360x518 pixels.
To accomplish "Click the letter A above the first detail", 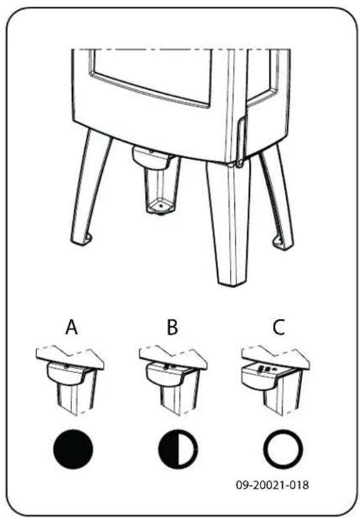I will tap(72, 327).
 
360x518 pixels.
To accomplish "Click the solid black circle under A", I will tap(73, 448).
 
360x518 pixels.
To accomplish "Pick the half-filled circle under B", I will tap(177, 448).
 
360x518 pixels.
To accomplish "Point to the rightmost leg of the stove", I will tap(277, 194).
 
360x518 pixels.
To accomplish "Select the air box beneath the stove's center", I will tap(159, 178).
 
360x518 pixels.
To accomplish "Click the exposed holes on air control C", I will tap(264, 368).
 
